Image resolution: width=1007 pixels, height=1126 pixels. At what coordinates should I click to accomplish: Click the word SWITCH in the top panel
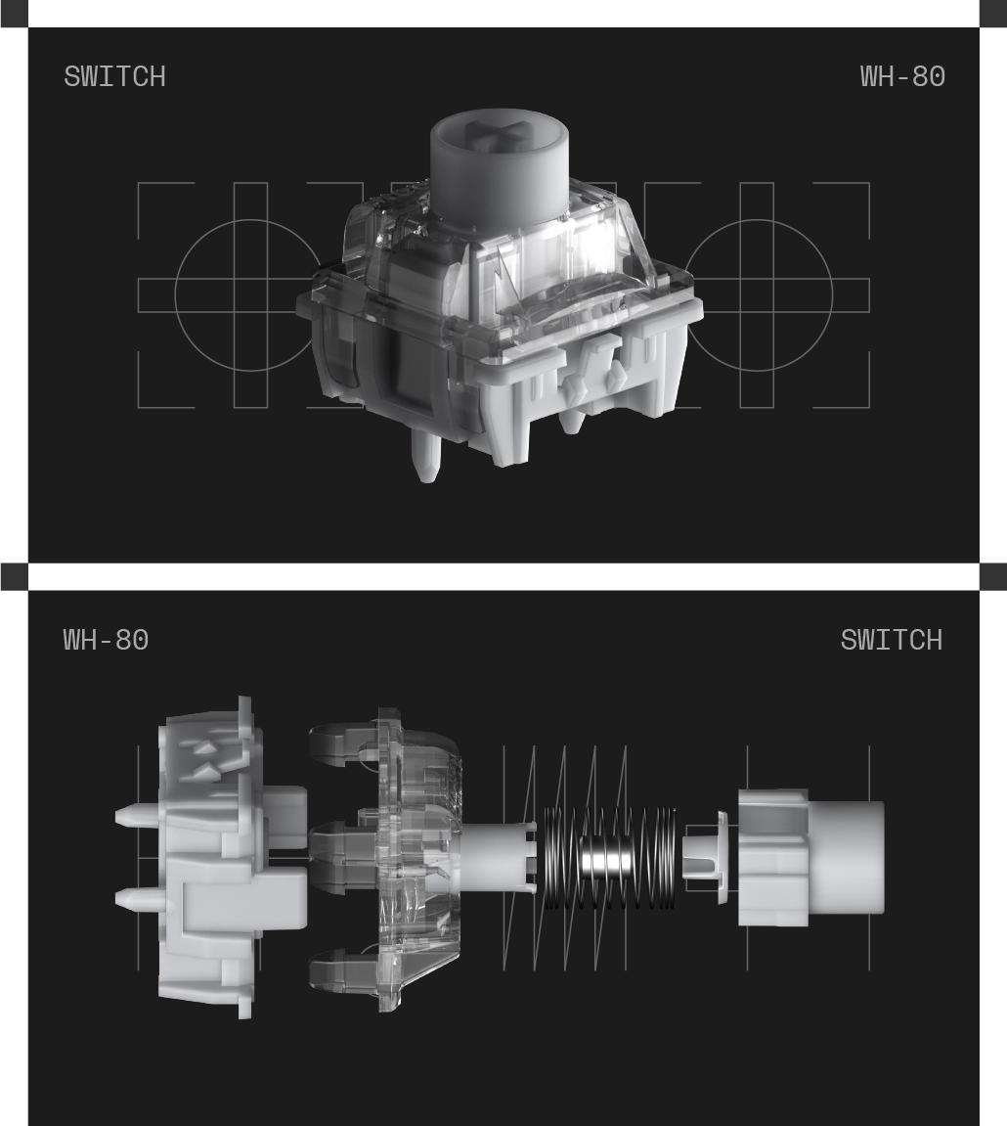pos(114,77)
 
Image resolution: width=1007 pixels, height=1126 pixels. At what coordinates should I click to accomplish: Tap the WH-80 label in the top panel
pos(902,77)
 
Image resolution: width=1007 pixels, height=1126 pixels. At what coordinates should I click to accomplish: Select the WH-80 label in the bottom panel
pos(107,640)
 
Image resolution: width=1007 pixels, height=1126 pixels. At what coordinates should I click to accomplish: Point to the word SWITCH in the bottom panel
pos(892,640)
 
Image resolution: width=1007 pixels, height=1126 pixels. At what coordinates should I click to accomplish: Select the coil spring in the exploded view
pos(610,858)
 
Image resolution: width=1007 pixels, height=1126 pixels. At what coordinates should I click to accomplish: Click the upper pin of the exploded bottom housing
pos(137,817)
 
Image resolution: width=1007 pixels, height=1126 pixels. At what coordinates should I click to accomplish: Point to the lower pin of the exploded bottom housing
pos(137,898)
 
